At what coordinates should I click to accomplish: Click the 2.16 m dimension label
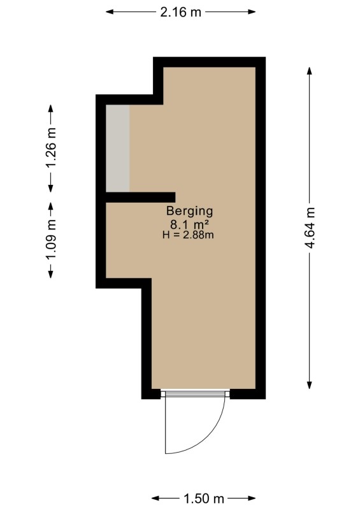pyautogui.click(x=180, y=12)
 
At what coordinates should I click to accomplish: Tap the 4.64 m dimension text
pyautogui.click(x=310, y=228)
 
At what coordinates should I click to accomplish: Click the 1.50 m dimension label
pyautogui.click(x=204, y=499)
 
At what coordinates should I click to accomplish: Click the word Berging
pyautogui.click(x=190, y=211)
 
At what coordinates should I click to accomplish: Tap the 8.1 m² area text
pyautogui.click(x=189, y=224)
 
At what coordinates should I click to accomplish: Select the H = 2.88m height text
pyautogui.click(x=188, y=235)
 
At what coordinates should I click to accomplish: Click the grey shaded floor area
pyautogui.click(x=118, y=148)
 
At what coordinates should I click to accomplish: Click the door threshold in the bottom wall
pyautogui.click(x=195, y=393)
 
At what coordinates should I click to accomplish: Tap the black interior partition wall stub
pyautogui.click(x=140, y=197)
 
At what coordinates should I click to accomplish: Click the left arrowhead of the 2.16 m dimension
pyautogui.click(x=110, y=12)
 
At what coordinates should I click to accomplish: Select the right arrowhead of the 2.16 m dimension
pyautogui.click(x=252, y=12)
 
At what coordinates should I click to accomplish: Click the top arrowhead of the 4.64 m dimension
pyautogui.click(x=309, y=71)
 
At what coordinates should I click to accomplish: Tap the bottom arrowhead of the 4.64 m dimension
pyautogui.click(x=309, y=385)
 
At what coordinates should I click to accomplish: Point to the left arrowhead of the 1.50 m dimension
pyautogui.click(x=155, y=499)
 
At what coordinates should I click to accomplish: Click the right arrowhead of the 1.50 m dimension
pyautogui.click(x=252, y=499)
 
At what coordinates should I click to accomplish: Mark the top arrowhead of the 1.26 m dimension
pyautogui.click(x=51, y=108)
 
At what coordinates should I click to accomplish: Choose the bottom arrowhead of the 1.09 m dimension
pyautogui.click(x=51, y=275)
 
